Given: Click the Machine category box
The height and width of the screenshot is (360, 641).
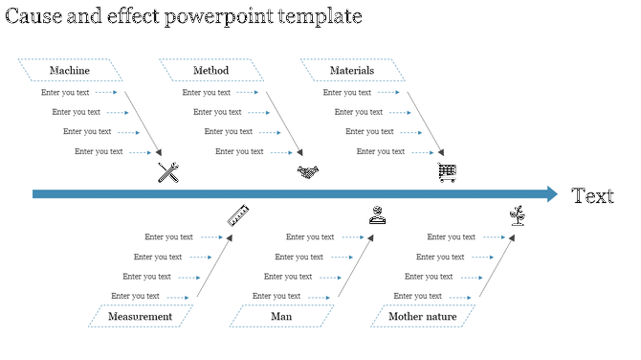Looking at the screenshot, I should point(70,71).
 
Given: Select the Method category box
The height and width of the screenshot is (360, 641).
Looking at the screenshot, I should point(210,71).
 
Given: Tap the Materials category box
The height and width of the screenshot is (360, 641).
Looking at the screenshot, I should point(352,71).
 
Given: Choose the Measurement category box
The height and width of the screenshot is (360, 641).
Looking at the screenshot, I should point(140,317).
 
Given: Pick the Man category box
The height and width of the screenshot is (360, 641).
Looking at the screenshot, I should point(281,317).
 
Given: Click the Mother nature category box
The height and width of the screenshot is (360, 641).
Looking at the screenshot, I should point(422,317).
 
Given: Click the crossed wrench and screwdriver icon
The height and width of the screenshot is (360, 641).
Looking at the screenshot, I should point(168,172).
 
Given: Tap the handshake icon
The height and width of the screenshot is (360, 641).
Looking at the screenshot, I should point(307,172).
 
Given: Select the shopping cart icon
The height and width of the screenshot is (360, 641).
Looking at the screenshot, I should point(447,172).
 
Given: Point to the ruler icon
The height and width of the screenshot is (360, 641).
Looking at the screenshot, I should point(238,215).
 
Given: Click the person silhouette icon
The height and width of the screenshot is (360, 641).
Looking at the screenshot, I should point(378,215).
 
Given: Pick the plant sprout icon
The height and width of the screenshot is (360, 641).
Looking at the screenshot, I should point(518,215).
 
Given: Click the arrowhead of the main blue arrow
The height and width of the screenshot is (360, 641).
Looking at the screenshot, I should point(551,194).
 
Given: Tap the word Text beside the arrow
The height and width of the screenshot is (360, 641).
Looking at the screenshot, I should point(592,196).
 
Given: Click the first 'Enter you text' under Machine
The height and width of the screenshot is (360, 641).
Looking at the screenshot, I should point(65,93).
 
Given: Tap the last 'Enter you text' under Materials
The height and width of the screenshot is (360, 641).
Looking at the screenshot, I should point(381,151).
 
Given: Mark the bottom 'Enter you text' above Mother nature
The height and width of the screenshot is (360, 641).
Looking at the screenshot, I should point(417,297).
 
